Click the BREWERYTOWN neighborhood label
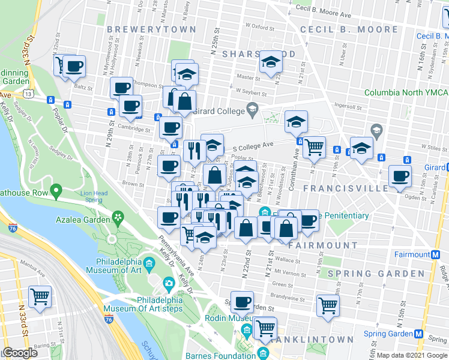tap(151, 29)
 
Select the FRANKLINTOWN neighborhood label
tap(312, 340)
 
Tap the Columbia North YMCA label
tap(406, 92)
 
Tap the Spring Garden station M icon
tap(418, 334)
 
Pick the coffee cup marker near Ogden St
tap(400, 176)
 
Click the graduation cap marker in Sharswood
tap(271, 62)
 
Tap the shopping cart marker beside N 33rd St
tap(40, 296)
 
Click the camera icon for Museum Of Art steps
tap(169, 283)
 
